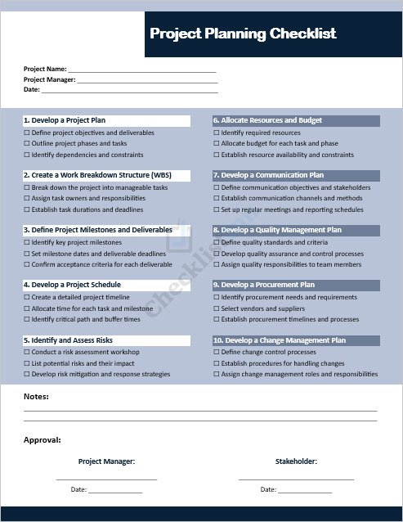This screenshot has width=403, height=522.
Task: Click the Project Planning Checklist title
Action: [243, 34]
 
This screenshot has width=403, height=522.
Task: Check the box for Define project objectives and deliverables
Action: [27, 133]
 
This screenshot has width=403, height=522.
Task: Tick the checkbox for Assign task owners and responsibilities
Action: [27, 199]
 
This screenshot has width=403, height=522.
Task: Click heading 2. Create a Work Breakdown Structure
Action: [97, 176]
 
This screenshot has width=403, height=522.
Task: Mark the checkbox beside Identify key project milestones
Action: [27, 243]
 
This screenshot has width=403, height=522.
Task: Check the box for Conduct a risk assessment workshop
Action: [27, 353]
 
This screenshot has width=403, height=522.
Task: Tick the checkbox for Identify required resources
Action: [217, 133]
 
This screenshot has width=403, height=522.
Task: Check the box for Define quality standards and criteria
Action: [217, 243]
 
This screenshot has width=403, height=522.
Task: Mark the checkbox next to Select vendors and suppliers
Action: [217, 309]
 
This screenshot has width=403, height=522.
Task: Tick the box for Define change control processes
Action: [217, 353]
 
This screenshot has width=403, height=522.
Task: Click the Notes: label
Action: [36, 397]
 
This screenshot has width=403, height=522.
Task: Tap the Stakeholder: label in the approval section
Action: [296, 461]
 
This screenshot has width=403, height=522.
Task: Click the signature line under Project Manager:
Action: [106, 479]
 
